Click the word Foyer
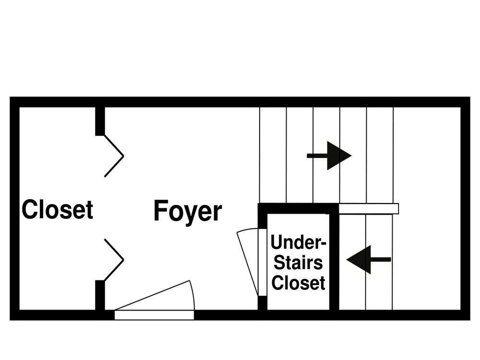point(188,211)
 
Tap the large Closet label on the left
point(58,209)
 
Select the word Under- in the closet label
point(299,242)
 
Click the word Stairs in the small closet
point(298,263)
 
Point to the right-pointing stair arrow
point(329,156)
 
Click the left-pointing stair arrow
point(369,260)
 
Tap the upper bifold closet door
point(114,156)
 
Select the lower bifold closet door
point(114,260)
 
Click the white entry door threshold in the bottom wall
point(154,315)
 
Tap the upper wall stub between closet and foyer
point(100,121)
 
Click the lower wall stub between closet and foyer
point(100,295)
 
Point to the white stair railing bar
point(369,209)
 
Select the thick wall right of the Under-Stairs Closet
point(334,262)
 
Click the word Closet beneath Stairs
point(298,283)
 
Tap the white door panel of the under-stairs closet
point(263,263)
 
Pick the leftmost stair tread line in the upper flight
point(260,155)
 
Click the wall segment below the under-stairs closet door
point(263,303)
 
